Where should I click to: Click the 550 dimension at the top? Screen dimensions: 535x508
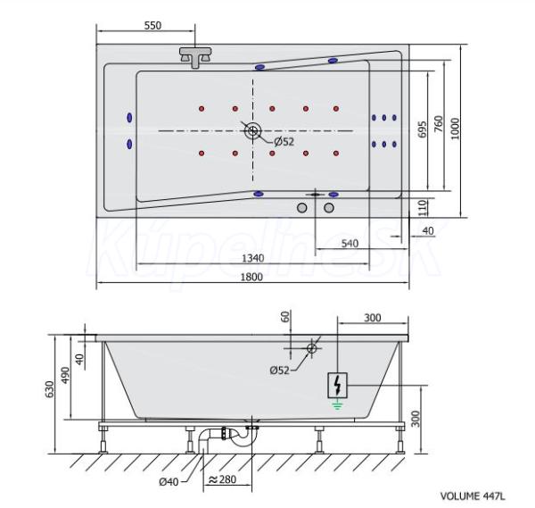(x=152, y=25)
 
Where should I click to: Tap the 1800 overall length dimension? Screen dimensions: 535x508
(x=251, y=277)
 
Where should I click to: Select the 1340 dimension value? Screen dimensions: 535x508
(x=253, y=258)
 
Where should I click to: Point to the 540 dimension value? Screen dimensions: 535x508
(x=350, y=243)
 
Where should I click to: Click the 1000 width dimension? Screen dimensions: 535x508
(x=455, y=129)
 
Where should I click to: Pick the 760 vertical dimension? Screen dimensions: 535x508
(x=438, y=124)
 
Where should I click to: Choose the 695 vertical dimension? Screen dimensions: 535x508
(x=423, y=129)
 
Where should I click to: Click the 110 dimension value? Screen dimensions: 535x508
(x=423, y=208)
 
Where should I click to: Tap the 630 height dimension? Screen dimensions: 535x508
(x=50, y=389)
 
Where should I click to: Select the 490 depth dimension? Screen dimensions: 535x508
(x=65, y=375)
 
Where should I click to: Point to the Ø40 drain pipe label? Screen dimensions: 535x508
(x=169, y=482)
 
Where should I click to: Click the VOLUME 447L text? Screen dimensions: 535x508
(x=473, y=496)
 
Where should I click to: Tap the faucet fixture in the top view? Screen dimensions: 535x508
(x=195, y=57)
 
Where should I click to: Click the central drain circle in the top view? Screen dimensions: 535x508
(x=253, y=130)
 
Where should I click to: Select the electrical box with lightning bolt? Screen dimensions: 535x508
(x=337, y=386)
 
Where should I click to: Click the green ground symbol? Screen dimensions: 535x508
(x=337, y=405)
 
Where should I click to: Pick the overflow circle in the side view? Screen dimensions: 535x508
(x=311, y=348)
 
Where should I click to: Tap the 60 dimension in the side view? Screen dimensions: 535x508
(x=285, y=316)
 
